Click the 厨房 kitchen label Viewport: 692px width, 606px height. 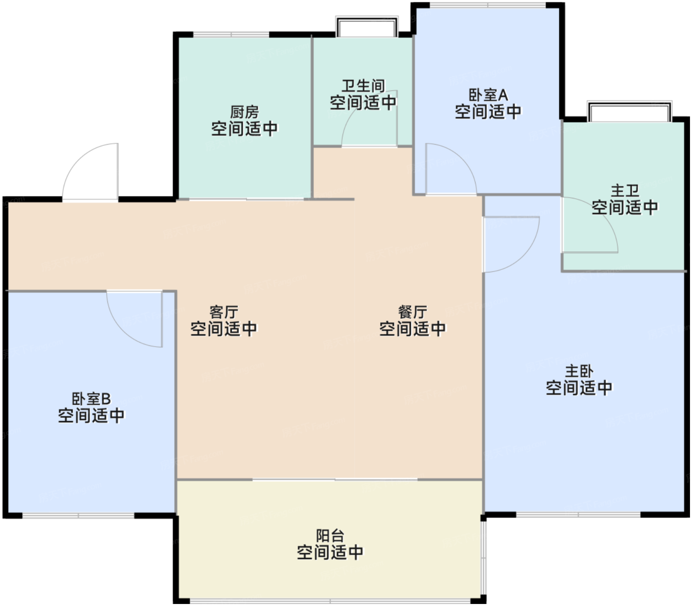pyautogui.click(x=244, y=112)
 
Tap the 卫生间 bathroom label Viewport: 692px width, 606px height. pyautogui.click(x=363, y=86)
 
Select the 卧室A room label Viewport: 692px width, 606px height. pyautogui.click(x=488, y=95)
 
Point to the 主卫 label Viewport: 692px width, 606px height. pyautogui.click(x=625, y=191)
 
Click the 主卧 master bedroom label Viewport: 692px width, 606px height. pyautogui.click(x=579, y=371)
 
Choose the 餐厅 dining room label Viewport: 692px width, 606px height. pyautogui.click(x=412, y=312)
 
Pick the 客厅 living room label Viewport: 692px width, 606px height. pyautogui.click(x=223, y=312)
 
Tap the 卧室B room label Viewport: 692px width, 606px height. pyautogui.click(x=91, y=399)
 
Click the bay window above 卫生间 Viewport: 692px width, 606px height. pyautogui.click(x=367, y=26)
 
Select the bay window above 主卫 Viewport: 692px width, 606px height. pyautogui.click(x=629, y=111)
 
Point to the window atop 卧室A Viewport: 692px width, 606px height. pyautogui.click(x=488, y=5)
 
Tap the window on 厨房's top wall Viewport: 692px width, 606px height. pyautogui.click(x=231, y=34)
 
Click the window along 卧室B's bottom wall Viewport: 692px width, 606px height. pyautogui.click(x=78, y=516)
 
